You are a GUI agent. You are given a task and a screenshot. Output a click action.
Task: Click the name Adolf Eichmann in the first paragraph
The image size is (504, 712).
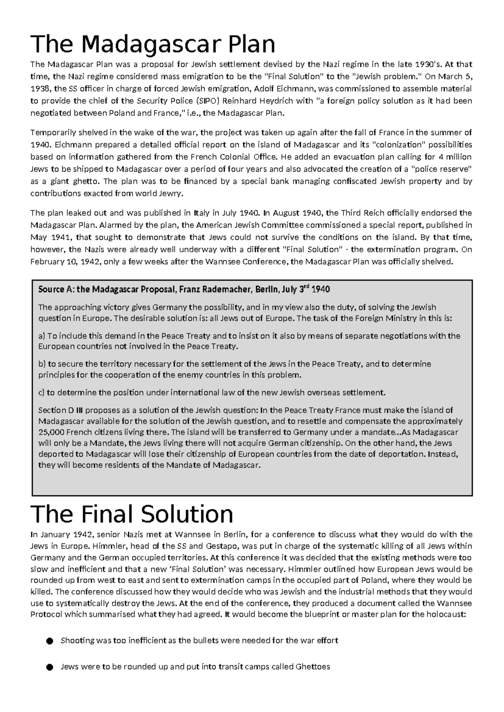point(283,89)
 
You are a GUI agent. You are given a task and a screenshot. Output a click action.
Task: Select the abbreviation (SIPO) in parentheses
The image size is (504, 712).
point(208,101)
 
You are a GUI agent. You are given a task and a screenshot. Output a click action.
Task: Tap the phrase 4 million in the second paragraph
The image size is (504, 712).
point(454,157)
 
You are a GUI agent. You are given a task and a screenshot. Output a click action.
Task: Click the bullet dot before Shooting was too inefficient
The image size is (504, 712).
point(50,641)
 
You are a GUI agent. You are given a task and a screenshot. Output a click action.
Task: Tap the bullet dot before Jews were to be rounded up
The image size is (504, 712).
point(50,667)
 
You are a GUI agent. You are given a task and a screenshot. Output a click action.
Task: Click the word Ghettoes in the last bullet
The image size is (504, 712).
point(313,667)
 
